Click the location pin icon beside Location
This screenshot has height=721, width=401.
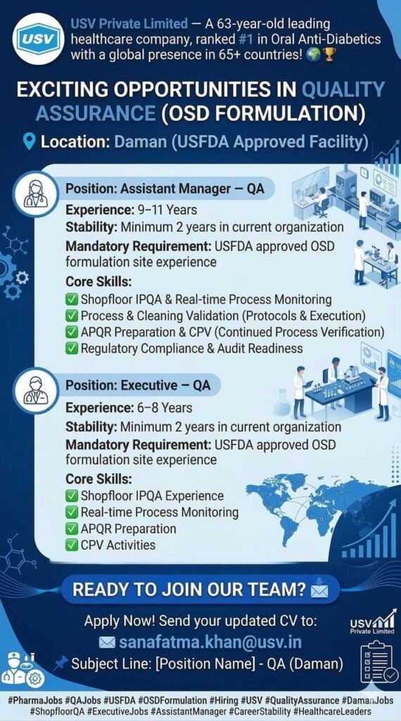[x=29, y=142]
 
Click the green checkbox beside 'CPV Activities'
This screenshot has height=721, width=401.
[x=72, y=544]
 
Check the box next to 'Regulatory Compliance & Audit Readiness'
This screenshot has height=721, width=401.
[x=72, y=348]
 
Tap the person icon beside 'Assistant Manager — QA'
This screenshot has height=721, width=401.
[x=35, y=192]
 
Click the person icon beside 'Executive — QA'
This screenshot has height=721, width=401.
[x=35, y=390]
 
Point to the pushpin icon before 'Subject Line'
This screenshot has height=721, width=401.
[x=61, y=663]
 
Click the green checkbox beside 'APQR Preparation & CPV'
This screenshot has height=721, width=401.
[x=72, y=332]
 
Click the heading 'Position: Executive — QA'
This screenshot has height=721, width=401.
[x=138, y=385]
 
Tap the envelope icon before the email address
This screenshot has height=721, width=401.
[x=107, y=642]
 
